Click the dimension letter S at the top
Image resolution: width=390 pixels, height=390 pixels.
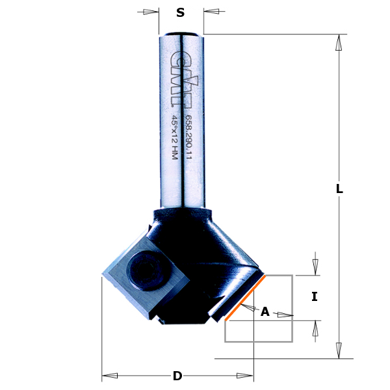coord(181,12)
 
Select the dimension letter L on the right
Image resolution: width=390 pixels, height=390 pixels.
coord(339,189)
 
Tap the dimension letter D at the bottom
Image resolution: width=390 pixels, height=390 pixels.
coord(177,376)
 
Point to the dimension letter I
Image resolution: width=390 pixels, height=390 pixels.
coord(315,296)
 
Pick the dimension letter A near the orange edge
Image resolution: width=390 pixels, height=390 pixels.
coord(265,312)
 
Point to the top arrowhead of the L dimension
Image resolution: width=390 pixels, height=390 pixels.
coord(339,43)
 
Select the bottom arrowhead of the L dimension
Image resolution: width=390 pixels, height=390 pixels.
coord(339,350)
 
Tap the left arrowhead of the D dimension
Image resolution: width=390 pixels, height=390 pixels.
coord(110,376)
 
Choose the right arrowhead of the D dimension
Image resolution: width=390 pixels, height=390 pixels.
coord(245,376)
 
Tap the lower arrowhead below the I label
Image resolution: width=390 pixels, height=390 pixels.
coord(315,328)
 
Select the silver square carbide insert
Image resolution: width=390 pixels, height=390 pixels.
coord(144,276)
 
